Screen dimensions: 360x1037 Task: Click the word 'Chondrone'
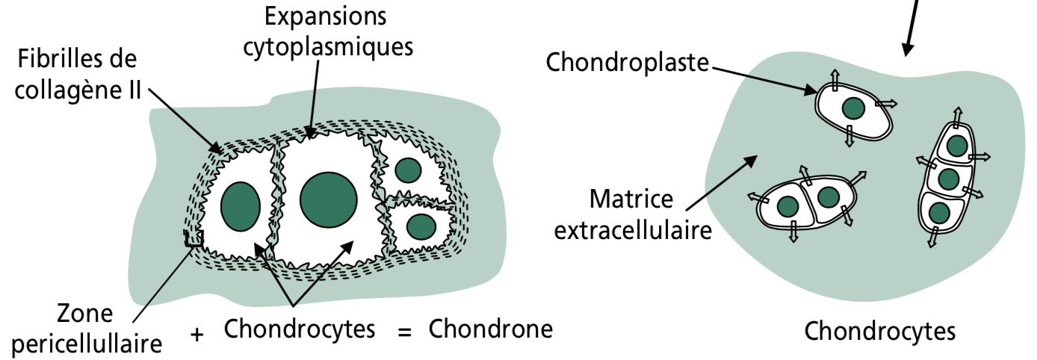click(x=491, y=329)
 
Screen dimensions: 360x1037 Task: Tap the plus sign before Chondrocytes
click(x=197, y=334)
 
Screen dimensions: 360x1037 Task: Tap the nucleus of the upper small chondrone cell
click(x=407, y=171)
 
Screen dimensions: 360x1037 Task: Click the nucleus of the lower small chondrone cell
click(x=421, y=225)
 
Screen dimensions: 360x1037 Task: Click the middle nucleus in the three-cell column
click(x=948, y=179)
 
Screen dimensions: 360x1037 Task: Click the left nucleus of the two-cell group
click(x=788, y=206)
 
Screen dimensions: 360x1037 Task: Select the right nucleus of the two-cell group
click(x=828, y=197)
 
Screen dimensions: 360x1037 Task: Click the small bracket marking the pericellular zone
click(x=194, y=239)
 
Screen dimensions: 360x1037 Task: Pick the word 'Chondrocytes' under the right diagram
click(x=879, y=329)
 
